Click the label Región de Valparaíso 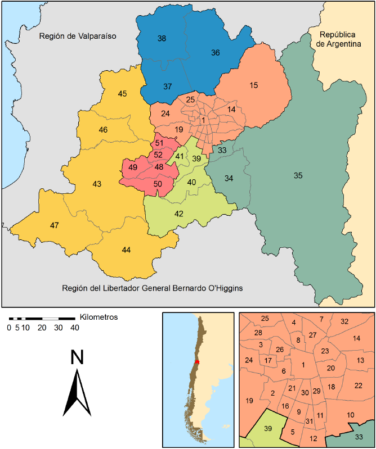tap(77, 36)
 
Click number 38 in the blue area tap(162, 39)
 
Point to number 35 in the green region tap(298, 176)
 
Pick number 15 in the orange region tap(253, 85)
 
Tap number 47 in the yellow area tap(55, 225)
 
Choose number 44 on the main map tap(126, 250)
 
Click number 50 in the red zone tap(158, 184)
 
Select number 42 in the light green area tap(179, 214)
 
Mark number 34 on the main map tap(229, 179)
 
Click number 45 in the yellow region tap(122, 94)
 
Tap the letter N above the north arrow tap(77, 359)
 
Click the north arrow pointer tap(77, 393)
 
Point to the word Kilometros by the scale tap(99, 317)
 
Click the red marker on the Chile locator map tap(196, 362)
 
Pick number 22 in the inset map tap(358, 385)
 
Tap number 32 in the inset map tap(344, 321)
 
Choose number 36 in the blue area tap(215, 53)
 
